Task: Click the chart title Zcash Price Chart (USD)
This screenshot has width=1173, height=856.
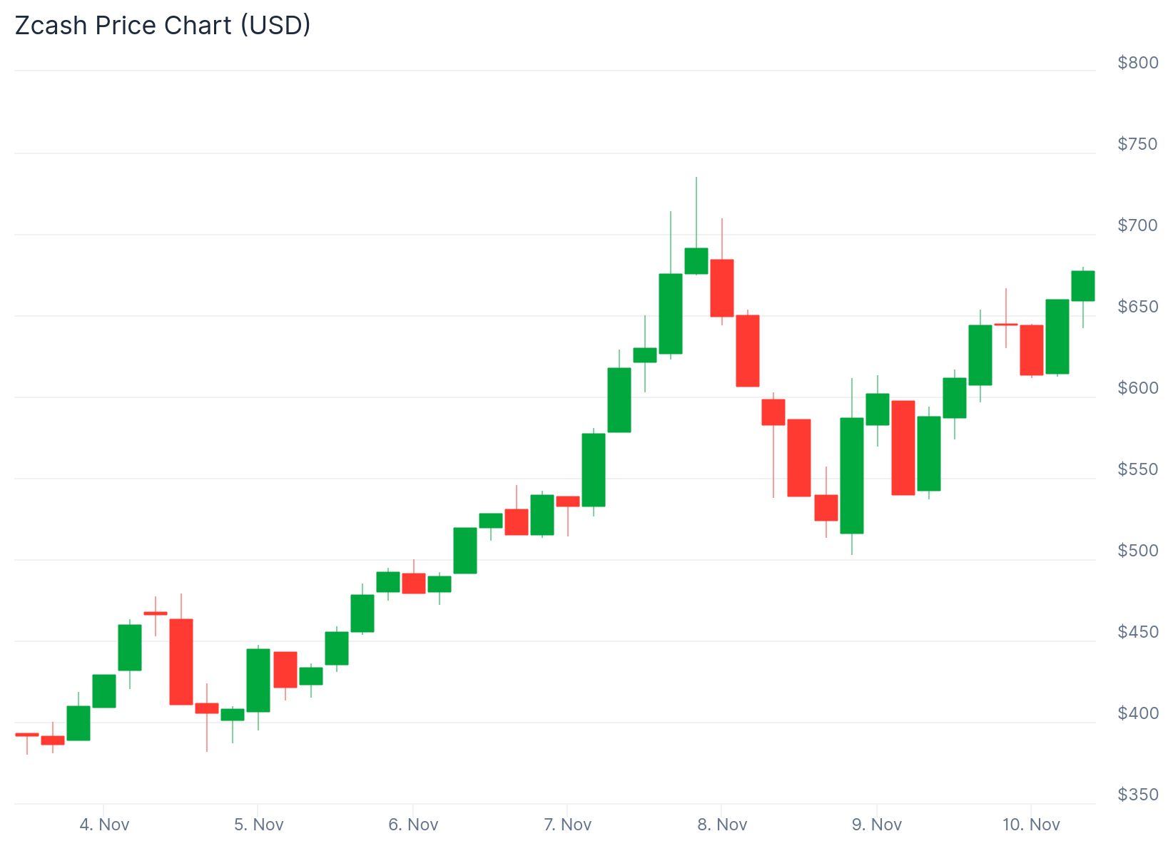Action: tap(163, 26)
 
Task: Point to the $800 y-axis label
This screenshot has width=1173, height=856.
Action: tap(1137, 63)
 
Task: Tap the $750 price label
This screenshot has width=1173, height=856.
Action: tap(1137, 144)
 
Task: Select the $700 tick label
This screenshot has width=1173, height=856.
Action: tap(1137, 225)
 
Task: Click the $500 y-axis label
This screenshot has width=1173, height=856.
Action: tap(1137, 551)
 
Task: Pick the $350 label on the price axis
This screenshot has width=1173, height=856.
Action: tap(1137, 795)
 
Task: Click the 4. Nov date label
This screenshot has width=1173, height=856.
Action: tap(104, 825)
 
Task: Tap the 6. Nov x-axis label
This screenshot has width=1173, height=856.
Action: tap(413, 825)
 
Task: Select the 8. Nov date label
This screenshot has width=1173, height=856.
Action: tap(722, 825)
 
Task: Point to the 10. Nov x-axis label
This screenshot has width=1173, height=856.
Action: tap(1031, 825)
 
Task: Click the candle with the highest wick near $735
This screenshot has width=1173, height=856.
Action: tap(696, 261)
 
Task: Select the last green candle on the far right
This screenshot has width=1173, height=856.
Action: tap(1083, 286)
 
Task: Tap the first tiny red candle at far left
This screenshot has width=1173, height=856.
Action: tap(27, 734)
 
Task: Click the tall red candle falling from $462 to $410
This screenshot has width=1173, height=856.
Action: tap(181, 662)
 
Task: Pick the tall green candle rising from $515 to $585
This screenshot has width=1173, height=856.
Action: tap(852, 476)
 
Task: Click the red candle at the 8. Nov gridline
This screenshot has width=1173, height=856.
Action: tap(722, 288)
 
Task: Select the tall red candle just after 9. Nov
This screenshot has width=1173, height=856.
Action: tap(903, 448)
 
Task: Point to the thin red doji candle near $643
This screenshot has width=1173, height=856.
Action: tap(1006, 325)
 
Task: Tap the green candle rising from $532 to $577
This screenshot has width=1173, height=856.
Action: tap(594, 470)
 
